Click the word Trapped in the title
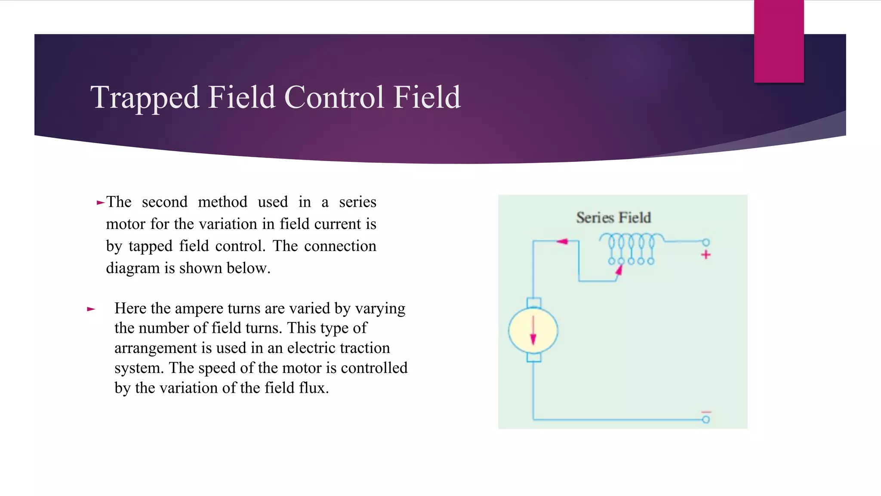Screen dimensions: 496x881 point(145,98)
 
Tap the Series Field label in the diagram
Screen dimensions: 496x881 point(613,217)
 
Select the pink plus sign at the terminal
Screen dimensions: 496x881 point(705,255)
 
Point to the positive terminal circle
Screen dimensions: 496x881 point(706,242)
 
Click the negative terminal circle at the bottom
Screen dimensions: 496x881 point(706,419)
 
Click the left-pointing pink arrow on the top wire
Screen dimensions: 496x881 point(562,242)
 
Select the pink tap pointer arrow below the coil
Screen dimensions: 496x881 point(619,270)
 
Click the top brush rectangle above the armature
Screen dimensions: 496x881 point(534,302)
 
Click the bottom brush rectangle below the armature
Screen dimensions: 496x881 point(534,357)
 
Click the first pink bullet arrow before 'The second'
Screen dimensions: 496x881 point(101,202)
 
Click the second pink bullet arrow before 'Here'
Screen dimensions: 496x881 point(91,309)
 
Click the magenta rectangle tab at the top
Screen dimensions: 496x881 point(779,41)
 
